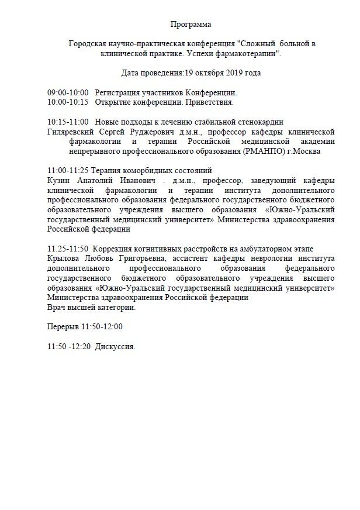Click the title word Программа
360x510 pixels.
(x=191, y=25)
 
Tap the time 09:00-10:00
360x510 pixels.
(x=68, y=93)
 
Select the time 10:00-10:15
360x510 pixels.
(x=68, y=102)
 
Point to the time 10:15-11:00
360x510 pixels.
(x=68, y=122)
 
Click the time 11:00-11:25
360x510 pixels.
(x=68, y=170)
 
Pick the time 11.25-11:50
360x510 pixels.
(x=68, y=248)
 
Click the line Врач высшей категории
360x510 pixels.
(x=91, y=307)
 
